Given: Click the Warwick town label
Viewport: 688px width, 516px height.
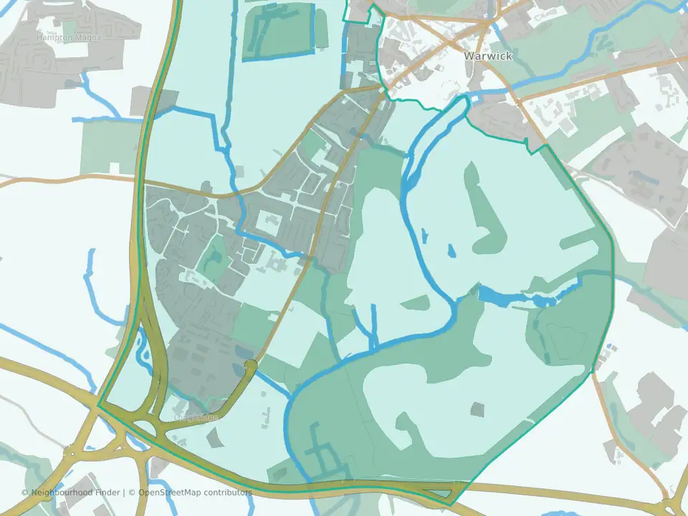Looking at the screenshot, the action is pyautogui.click(x=487, y=56).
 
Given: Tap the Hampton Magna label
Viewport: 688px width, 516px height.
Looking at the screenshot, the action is pyautogui.click(x=69, y=37).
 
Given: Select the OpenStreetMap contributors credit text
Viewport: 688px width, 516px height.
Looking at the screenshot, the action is pyautogui.click(x=195, y=492).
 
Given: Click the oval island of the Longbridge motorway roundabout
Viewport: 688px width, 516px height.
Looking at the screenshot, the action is pyautogui.click(x=145, y=429).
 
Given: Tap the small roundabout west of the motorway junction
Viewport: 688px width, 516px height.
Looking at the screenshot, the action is pyautogui.click(x=70, y=453).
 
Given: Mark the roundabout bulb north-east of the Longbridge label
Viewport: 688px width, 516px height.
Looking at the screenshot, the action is pyautogui.click(x=250, y=366).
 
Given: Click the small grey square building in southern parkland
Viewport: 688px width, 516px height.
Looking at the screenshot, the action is pyautogui.click(x=477, y=409).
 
